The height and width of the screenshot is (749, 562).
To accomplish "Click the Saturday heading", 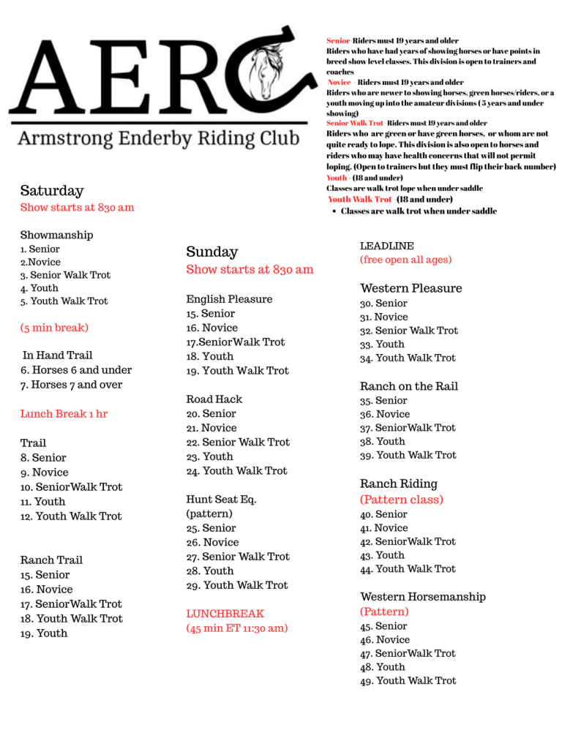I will pyautogui.click(x=52, y=191).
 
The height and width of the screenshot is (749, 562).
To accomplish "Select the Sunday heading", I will pyautogui.click(x=212, y=252).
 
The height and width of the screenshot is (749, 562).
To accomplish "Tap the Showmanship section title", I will pyautogui.click(x=56, y=235).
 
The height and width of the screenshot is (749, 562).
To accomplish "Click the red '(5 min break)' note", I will pyautogui.click(x=54, y=327).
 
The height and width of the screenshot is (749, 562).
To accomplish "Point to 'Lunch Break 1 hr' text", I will pyautogui.click(x=64, y=414).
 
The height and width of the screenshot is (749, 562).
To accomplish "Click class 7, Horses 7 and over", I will pyautogui.click(x=72, y=385).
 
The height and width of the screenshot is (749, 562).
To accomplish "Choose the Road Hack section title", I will pyautogui.click(x=214, y=399).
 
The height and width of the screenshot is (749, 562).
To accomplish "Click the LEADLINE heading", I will pyautogui.click(x=386, y=246).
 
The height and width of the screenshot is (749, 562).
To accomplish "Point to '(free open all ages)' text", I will pyautogui.click(x=405, y=260).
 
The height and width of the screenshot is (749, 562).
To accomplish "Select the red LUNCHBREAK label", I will pyautogui.click(x=225, y=614).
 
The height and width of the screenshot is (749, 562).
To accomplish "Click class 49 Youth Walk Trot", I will pyautogui.click(x=408, y=680).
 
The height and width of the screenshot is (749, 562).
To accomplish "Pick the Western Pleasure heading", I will pyautogui.click(x=411, y=288).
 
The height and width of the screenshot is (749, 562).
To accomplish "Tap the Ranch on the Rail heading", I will pyautogui.click(x=408, y=386).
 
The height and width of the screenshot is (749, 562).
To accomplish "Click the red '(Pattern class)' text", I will pyautogui.click(x=401, y=500).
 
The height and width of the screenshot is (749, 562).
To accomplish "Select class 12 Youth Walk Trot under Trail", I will pyautogui.click(x=71, y=516).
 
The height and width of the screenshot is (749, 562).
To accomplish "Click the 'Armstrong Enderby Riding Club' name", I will pyautogui.click(x=157, y=138).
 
